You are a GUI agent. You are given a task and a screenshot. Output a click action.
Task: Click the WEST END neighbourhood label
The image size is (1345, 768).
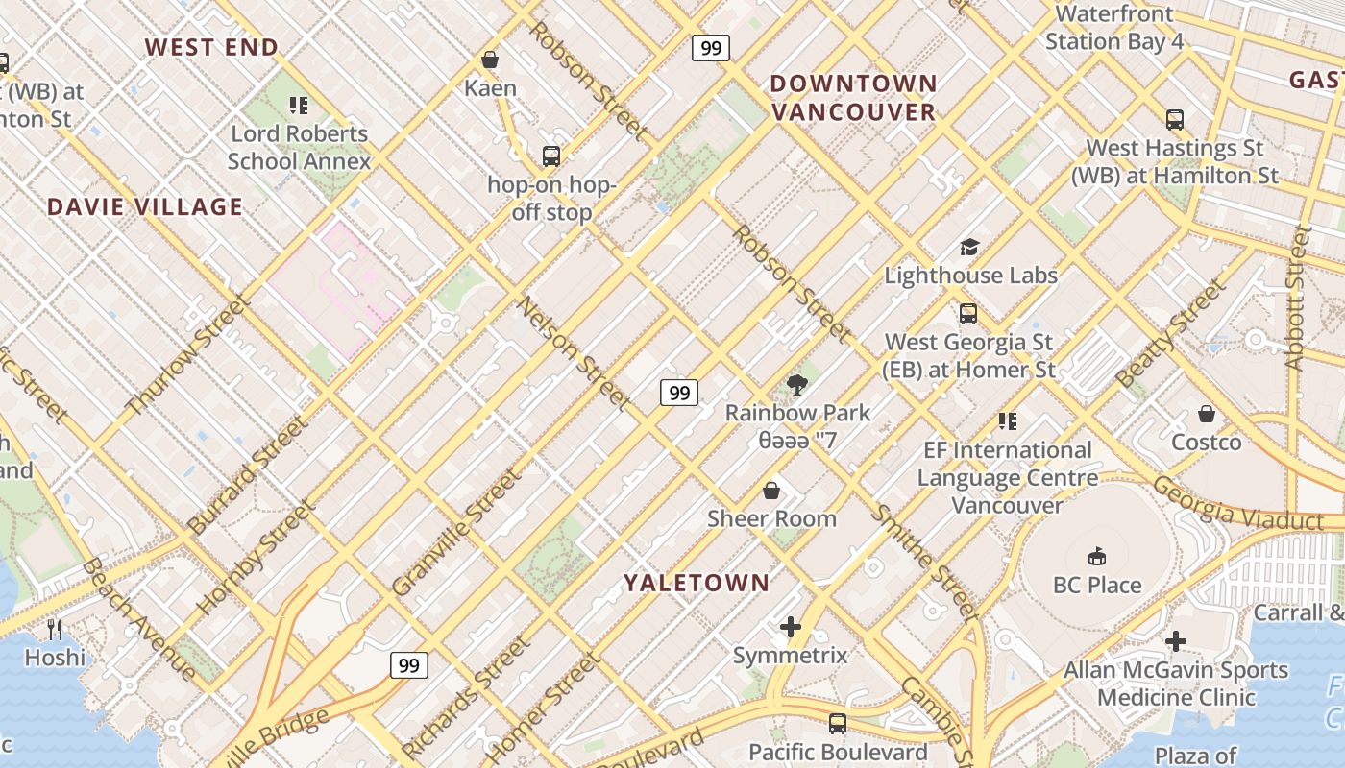[211, 47]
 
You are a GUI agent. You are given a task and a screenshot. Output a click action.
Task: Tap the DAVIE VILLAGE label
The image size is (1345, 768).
[145, 207]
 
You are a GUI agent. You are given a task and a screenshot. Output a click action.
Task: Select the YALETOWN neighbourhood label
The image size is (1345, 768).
[697, 583]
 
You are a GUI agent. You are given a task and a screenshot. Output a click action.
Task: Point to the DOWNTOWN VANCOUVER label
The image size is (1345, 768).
[852, 98]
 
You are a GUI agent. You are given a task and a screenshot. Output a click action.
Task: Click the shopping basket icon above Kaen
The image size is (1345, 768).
[490, 60]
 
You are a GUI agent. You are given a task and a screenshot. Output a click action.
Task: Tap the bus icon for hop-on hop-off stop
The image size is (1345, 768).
[551, 156]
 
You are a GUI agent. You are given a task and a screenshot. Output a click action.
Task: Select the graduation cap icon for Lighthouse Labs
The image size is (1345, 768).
[969, 248]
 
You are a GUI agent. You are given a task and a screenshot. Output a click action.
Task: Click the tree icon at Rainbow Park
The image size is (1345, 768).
[796, 385]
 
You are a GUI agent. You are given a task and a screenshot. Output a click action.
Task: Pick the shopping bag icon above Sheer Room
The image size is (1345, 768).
[771, 492]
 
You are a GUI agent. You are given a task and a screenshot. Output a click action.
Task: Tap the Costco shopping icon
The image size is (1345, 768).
[1207, 415]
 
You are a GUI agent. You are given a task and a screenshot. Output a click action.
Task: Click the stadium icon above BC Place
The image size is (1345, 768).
[1096, 557]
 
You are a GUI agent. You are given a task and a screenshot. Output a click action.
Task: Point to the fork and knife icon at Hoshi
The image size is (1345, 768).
[55, 630]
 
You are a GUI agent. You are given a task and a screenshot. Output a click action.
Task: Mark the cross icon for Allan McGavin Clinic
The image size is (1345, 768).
[1176, 641]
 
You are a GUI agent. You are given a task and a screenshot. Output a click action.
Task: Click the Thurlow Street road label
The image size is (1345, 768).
[187, 355]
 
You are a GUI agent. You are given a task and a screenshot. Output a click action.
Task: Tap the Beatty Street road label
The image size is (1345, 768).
[1171, 333]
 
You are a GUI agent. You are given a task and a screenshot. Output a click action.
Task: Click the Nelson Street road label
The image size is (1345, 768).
[575, 354]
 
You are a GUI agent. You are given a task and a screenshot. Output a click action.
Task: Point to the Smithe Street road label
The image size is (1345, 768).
[923, 563]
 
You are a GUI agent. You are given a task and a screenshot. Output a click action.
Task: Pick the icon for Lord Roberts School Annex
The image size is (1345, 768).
[299, 106]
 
